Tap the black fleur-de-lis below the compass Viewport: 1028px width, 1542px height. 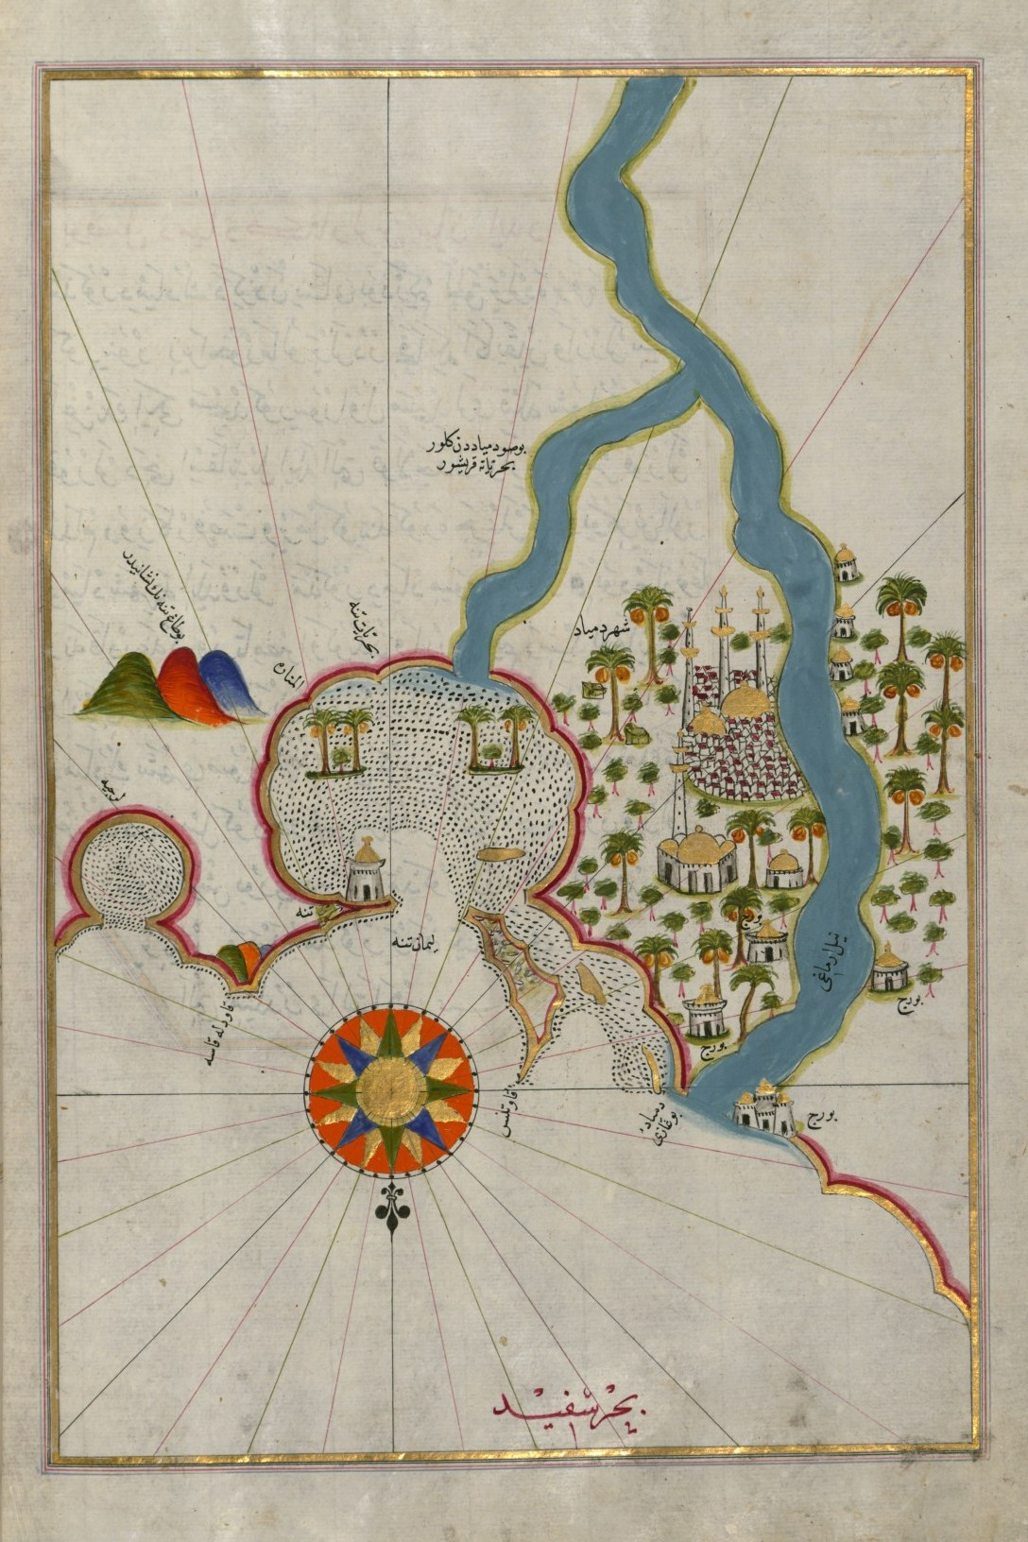tap(391, 1210)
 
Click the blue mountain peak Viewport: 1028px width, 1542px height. tap(221, 680)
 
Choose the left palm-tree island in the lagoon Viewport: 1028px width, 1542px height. tap(337, 746)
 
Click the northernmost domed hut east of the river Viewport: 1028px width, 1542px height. tap(845, 563)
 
